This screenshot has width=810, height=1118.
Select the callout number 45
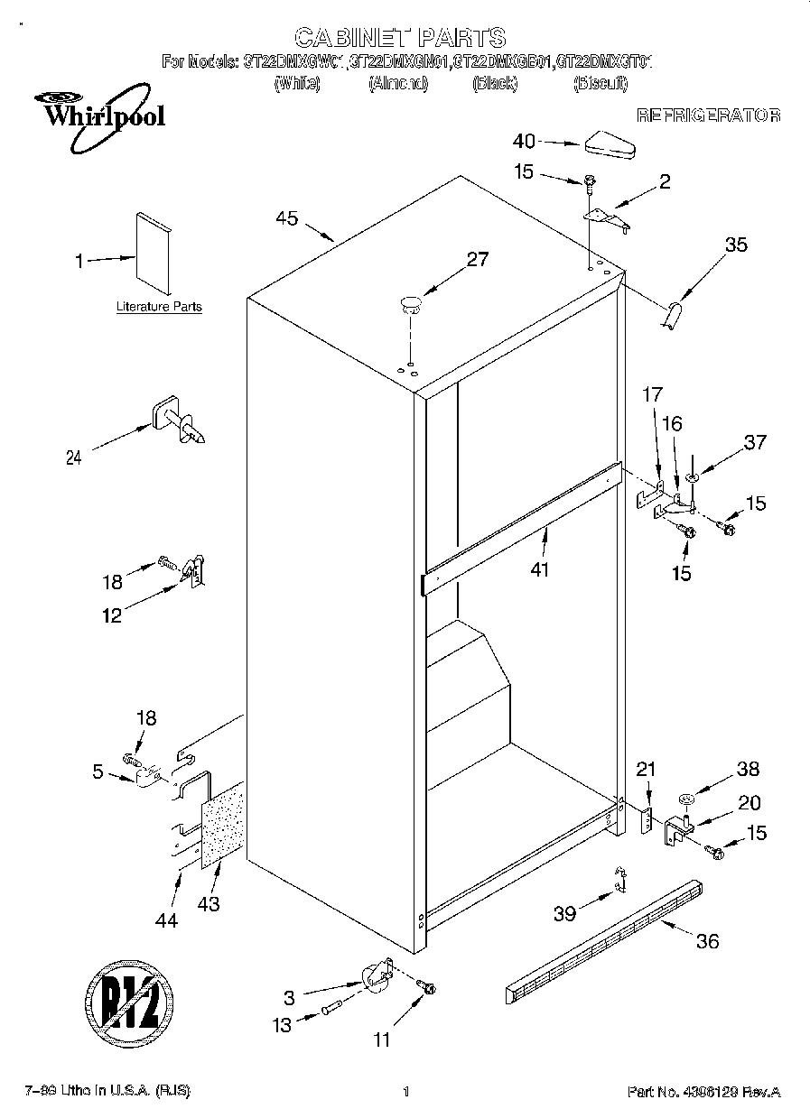288,217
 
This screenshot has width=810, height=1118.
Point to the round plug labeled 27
412,302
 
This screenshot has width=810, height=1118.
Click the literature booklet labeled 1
154,253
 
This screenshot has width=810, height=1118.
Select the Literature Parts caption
159,307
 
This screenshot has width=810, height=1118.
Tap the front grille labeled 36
603,938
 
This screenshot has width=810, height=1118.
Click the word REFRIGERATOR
708,115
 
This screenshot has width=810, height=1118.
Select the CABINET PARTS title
400,37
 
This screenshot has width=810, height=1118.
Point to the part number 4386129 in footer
709,1092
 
